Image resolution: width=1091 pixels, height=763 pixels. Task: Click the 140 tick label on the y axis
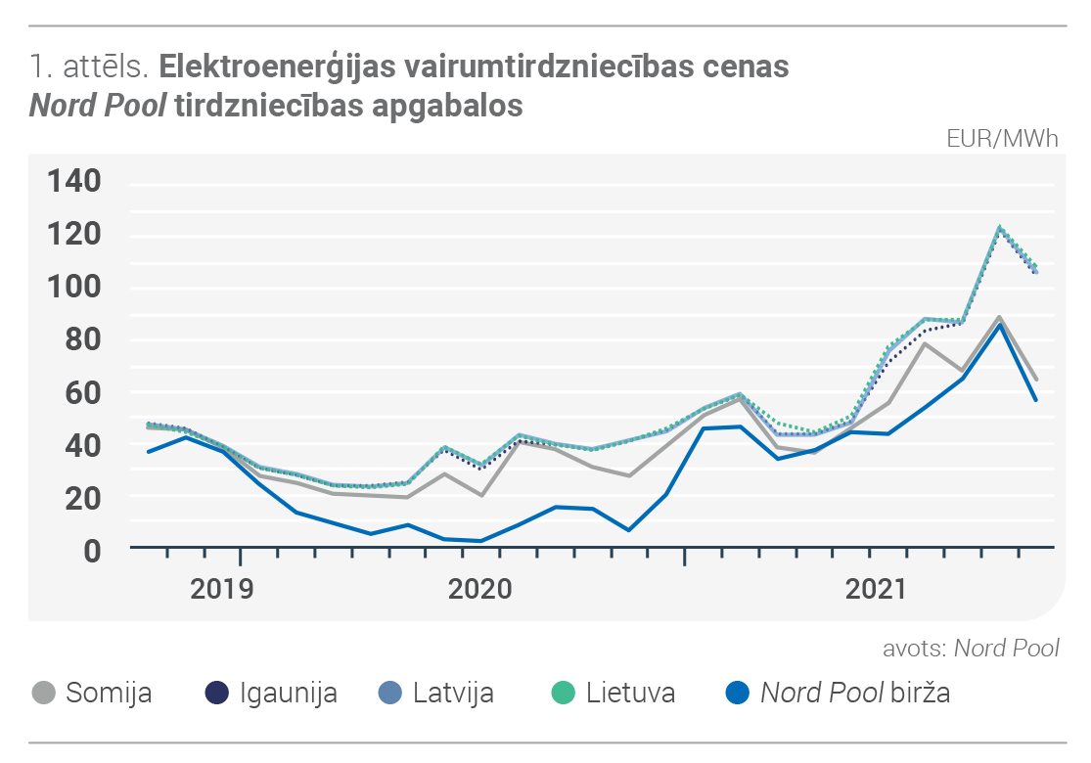(x=73, y=181)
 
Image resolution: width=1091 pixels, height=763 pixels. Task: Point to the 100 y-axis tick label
(x=73, y=287)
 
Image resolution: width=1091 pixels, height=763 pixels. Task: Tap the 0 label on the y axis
(x=92, y=551)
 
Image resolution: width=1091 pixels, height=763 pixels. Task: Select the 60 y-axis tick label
(x=83, y=392)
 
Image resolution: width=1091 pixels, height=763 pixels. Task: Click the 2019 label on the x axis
(x=222, y=589)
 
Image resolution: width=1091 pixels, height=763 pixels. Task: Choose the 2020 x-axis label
(x=479, y=589)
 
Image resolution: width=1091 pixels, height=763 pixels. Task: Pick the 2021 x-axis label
(x=876, y=589)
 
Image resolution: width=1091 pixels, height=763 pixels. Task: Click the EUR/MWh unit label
(x=1002, y=138)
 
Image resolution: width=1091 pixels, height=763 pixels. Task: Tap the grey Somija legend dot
(x=44, y=693)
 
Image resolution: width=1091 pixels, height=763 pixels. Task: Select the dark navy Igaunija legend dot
(x=217, y=693)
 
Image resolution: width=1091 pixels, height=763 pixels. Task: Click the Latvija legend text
(x=453, y=693)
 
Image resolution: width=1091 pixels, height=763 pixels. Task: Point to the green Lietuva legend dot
(x=563, y=693)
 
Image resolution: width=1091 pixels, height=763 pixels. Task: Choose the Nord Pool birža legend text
(x=855, y=693)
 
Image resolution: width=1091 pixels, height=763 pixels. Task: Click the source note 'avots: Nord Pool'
(x=971, y=648)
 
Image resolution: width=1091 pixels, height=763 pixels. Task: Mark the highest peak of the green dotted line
(x=999, y=227)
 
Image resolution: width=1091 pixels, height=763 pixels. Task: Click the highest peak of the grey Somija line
(x=999, y=317)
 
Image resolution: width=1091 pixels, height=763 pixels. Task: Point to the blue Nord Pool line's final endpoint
(x=1036, y=400)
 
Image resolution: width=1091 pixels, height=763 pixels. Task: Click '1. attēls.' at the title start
(x=90, y=67)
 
